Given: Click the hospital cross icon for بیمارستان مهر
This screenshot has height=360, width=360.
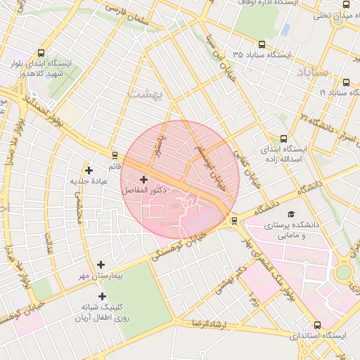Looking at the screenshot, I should [101, 264].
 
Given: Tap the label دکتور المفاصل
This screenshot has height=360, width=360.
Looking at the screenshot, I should [144, 190].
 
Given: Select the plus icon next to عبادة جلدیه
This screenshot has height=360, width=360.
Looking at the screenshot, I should [89, 169].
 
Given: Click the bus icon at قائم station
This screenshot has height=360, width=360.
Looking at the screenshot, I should [115, 155].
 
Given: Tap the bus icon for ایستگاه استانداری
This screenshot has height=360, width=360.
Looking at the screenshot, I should [317, 325].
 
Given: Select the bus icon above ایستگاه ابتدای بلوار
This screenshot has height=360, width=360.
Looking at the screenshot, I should [41, 53].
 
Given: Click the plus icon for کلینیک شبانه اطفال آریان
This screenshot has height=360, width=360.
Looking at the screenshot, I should [102, 296].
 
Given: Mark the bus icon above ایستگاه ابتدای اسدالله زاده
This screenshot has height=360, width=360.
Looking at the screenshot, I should [283, 139].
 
